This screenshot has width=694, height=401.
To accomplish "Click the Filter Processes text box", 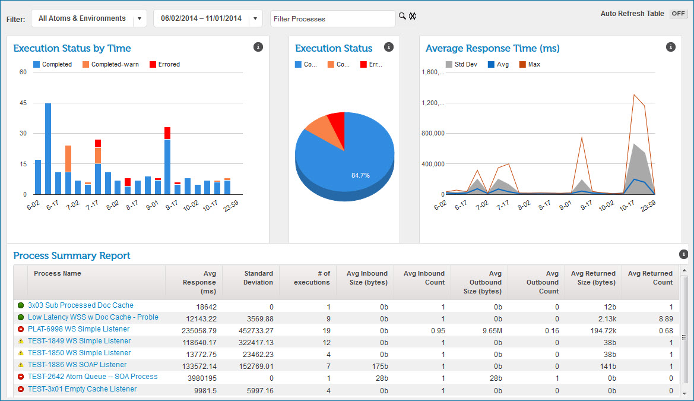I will coord(332,19).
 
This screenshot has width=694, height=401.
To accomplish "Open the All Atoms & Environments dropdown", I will coord(88,18).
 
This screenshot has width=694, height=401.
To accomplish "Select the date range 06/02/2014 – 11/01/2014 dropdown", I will coord(208,18).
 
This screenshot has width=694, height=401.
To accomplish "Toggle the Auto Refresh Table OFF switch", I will coord(678,14).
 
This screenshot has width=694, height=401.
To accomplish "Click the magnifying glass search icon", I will coord(402,16).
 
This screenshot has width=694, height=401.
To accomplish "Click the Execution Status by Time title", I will coord(72,49).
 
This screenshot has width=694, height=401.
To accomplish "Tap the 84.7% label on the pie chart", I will coord(360,175).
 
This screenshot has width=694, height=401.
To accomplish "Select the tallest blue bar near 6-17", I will coord(48,149).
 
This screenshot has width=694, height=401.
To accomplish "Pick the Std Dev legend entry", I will coord(462,64).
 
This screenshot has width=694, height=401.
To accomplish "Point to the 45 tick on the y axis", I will coord(23,103).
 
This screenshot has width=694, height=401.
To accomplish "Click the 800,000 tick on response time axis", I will coord(433,134).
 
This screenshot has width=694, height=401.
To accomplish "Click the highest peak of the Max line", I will coord(634,94).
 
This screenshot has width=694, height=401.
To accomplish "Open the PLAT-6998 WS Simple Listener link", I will coord(78,329).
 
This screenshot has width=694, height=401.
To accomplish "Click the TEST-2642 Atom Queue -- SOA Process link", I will coord(93,377).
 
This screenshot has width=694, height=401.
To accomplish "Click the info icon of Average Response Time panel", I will coord(670,47).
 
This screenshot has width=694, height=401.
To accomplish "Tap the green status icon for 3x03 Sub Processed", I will coord(21,305).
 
